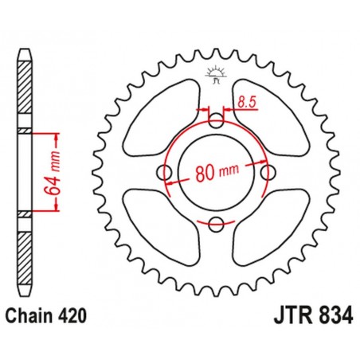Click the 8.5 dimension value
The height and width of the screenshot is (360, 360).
[x=248, y=101]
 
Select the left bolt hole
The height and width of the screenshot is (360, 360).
[x=166, y=174]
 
